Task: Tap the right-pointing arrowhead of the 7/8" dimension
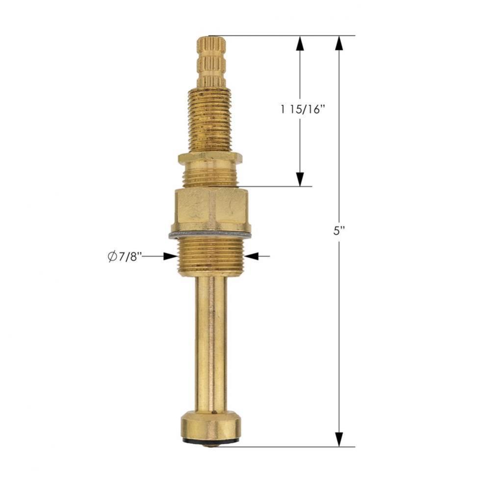pyautogui.click(x=170, y=256)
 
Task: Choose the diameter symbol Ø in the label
pyautogui.click(x=112, y=256)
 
